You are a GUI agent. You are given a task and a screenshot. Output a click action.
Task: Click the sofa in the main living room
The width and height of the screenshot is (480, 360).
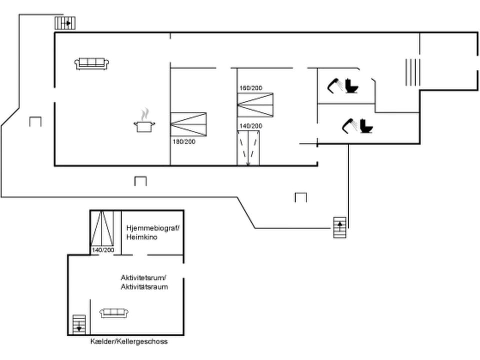coord(92,63)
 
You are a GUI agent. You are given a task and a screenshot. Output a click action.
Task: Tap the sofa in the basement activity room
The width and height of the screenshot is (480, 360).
coord(114,313)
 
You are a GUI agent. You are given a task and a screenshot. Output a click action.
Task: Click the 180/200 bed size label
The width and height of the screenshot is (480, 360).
coord(183,142)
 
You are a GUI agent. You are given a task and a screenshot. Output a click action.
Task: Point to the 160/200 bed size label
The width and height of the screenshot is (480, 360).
coord(250,88)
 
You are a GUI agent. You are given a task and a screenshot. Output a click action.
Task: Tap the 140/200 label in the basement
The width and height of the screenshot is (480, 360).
coord(103,249)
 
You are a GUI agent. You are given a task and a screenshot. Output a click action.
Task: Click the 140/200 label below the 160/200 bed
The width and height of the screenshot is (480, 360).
coord(250,126)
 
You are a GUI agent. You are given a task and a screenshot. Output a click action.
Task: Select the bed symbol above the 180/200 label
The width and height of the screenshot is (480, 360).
coord(188,124)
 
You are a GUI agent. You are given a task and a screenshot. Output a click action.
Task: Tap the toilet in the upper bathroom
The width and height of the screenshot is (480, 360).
coord(352,85)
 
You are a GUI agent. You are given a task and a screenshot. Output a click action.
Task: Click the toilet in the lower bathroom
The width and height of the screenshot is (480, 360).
coord(366,125)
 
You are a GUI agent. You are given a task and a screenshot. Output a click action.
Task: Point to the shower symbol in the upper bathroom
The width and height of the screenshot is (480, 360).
coord(335,85)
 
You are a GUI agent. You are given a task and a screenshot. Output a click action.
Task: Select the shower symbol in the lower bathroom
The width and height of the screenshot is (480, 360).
coord(350,125)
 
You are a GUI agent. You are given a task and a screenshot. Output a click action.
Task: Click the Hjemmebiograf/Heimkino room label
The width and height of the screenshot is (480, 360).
coord(152,232)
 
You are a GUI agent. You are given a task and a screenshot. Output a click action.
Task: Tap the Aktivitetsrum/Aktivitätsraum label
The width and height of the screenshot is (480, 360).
coord(144,282)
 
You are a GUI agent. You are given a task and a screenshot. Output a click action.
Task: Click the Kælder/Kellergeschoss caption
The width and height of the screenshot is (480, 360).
coord(129,341)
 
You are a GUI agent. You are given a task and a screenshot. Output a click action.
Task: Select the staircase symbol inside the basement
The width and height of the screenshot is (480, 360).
coord(79,324)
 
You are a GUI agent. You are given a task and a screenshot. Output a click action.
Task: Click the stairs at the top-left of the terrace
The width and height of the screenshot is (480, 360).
coord(65,23)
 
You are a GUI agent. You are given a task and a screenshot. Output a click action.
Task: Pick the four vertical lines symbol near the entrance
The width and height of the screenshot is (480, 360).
coord(412,72)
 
